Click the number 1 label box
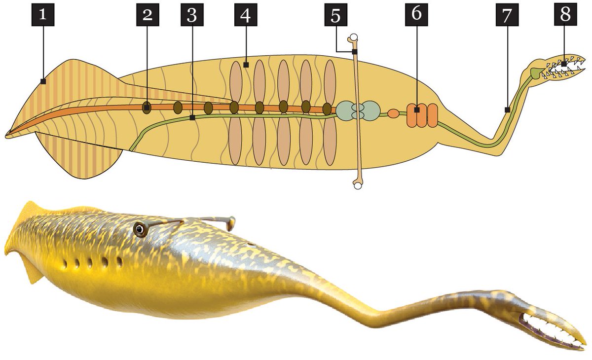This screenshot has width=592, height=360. click(x=43, y=15)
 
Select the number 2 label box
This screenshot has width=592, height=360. click(x=147, y=15)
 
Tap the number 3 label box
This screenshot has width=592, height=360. click(x=192, y=15)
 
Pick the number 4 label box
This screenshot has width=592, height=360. click(x=245, y=15)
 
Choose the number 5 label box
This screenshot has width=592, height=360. click(x=335, y=15)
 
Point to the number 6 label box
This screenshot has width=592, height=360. click(x=416, y=15)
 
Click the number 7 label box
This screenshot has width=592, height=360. click(x=507, y=15)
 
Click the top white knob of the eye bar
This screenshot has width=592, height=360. click(x=353, y=37)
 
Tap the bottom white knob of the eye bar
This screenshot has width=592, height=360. click(x=357, y=185)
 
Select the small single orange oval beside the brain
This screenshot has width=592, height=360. click(x=393, y=113)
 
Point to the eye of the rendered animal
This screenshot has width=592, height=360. click(x=140, y=229)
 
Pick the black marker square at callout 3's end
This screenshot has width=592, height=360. click(x=192, y=118)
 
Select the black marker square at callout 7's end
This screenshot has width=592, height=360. click(x=507, y=110)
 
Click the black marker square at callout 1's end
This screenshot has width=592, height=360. click(x=43, y=82)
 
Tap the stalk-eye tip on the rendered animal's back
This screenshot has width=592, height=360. click(x=230, y=223)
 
